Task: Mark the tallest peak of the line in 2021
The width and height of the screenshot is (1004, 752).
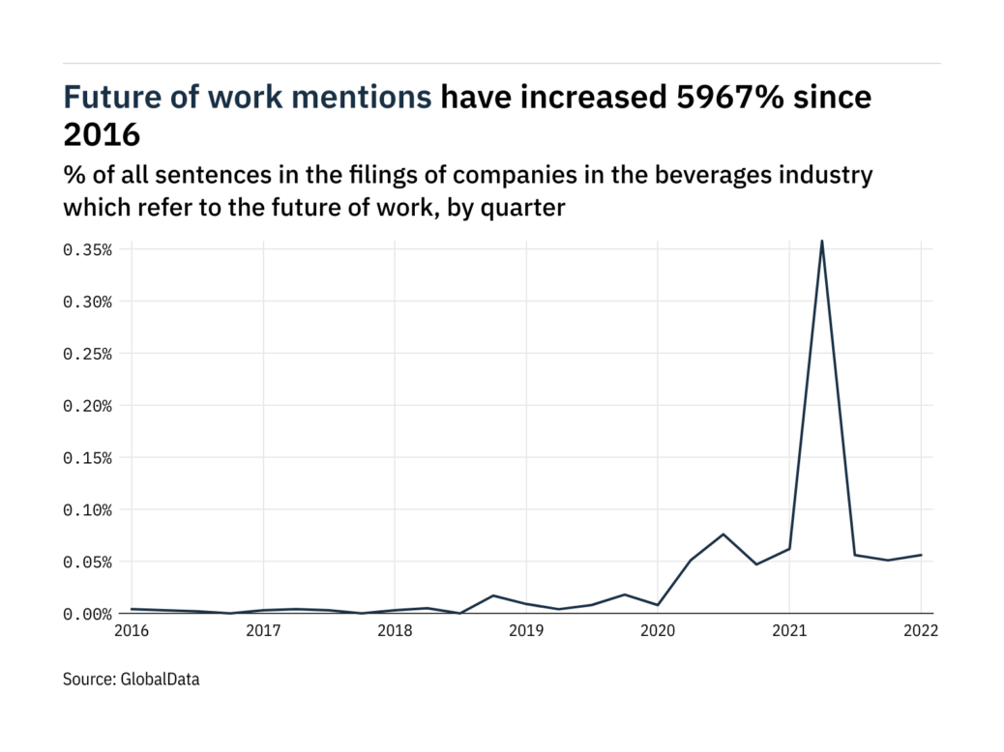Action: tap(821, 241)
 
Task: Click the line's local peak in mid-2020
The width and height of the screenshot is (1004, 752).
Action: tap(723, 534)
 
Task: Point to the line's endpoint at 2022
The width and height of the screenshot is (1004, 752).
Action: tap(921, 555)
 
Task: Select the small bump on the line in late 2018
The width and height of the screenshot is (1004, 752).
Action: tap(493, 595)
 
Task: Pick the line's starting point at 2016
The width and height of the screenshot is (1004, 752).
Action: tap(133, 609)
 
